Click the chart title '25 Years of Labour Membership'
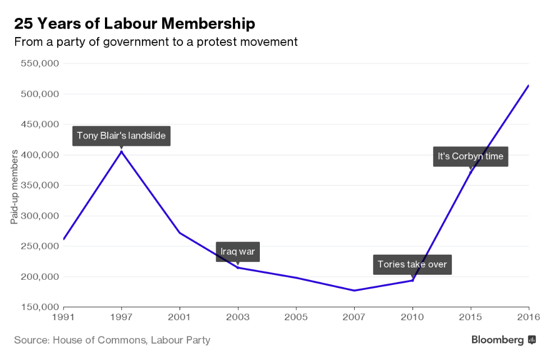[x=134, y=24]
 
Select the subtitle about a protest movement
[x=155, y=41]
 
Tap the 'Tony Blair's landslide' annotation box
[x=121, y=135]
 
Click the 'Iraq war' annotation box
[x=237, y=251]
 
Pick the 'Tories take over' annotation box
[x=412, y=264]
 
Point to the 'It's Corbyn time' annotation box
[x=470, y=156]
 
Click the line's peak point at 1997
[x=122, y=151]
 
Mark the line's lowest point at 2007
[x=354, y=290]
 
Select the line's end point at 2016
[x=528, y=86]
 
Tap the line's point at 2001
[x=180, y=233]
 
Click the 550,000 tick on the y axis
[x=40, y=63]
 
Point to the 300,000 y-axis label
[x=40, y=216]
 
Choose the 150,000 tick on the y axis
[x=40, y=307]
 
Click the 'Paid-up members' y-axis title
[x=15, y=186]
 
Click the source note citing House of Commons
[x=112, y=340]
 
